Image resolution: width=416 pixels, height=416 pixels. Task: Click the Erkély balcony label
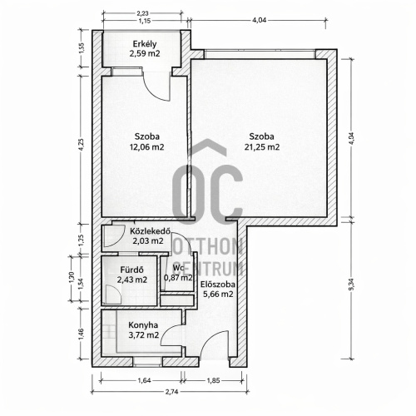(x=145, y=44)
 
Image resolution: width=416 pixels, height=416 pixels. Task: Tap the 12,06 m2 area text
(x=146, y=146)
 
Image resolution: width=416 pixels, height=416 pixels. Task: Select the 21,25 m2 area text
(x=262, y=146)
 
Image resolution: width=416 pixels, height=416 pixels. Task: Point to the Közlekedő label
(x=150, y=231)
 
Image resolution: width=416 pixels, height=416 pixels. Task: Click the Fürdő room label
(x=131, y=270)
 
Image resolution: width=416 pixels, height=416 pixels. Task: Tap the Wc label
(x=178, y=268)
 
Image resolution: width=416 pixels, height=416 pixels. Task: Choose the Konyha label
(x=143, y=325)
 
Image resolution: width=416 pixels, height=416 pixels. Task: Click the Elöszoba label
(x=218, y=285)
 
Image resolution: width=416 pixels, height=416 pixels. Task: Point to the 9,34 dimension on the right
(x=352, y=289)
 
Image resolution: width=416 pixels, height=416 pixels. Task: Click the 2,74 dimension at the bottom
(x=171, y=391)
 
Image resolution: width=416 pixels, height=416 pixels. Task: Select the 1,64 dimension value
(x=144, y=380)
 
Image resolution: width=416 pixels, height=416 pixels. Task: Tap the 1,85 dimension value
(x=214, y=380)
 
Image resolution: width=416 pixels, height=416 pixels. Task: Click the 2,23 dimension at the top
(x=143, y=12)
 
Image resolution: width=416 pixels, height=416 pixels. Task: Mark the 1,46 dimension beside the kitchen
(x=81, y=334)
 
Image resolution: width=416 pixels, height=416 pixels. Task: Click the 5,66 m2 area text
(x=218, y=294)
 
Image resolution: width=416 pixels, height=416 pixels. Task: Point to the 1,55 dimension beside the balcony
(x=81, y=48)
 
